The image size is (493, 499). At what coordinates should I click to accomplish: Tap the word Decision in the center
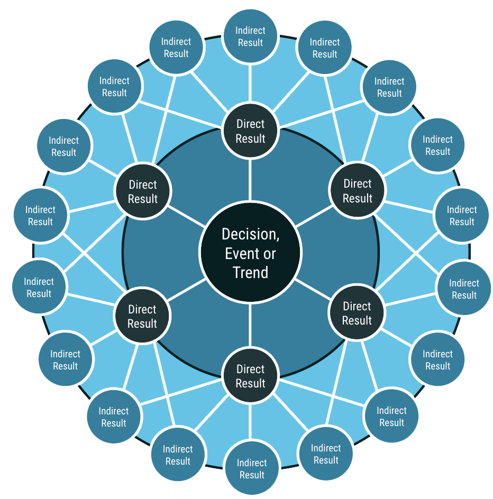tap(250, 234)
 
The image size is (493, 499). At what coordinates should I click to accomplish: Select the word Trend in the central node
tap(250, 273)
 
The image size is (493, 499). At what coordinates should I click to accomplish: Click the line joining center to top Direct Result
tap(250, 180)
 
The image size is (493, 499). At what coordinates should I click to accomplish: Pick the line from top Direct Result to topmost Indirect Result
tap(250, 82)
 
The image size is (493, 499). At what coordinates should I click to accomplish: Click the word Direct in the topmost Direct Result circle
tap(250, 124)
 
